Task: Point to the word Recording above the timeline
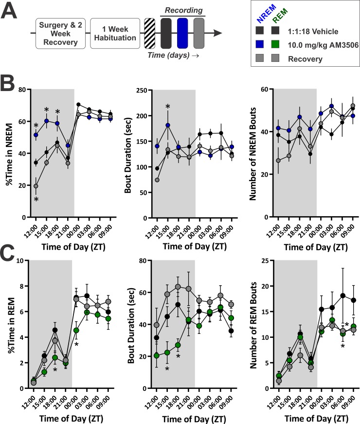point(183,10)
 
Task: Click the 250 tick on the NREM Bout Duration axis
point(144,90)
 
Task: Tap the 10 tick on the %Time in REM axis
point(22,260)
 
